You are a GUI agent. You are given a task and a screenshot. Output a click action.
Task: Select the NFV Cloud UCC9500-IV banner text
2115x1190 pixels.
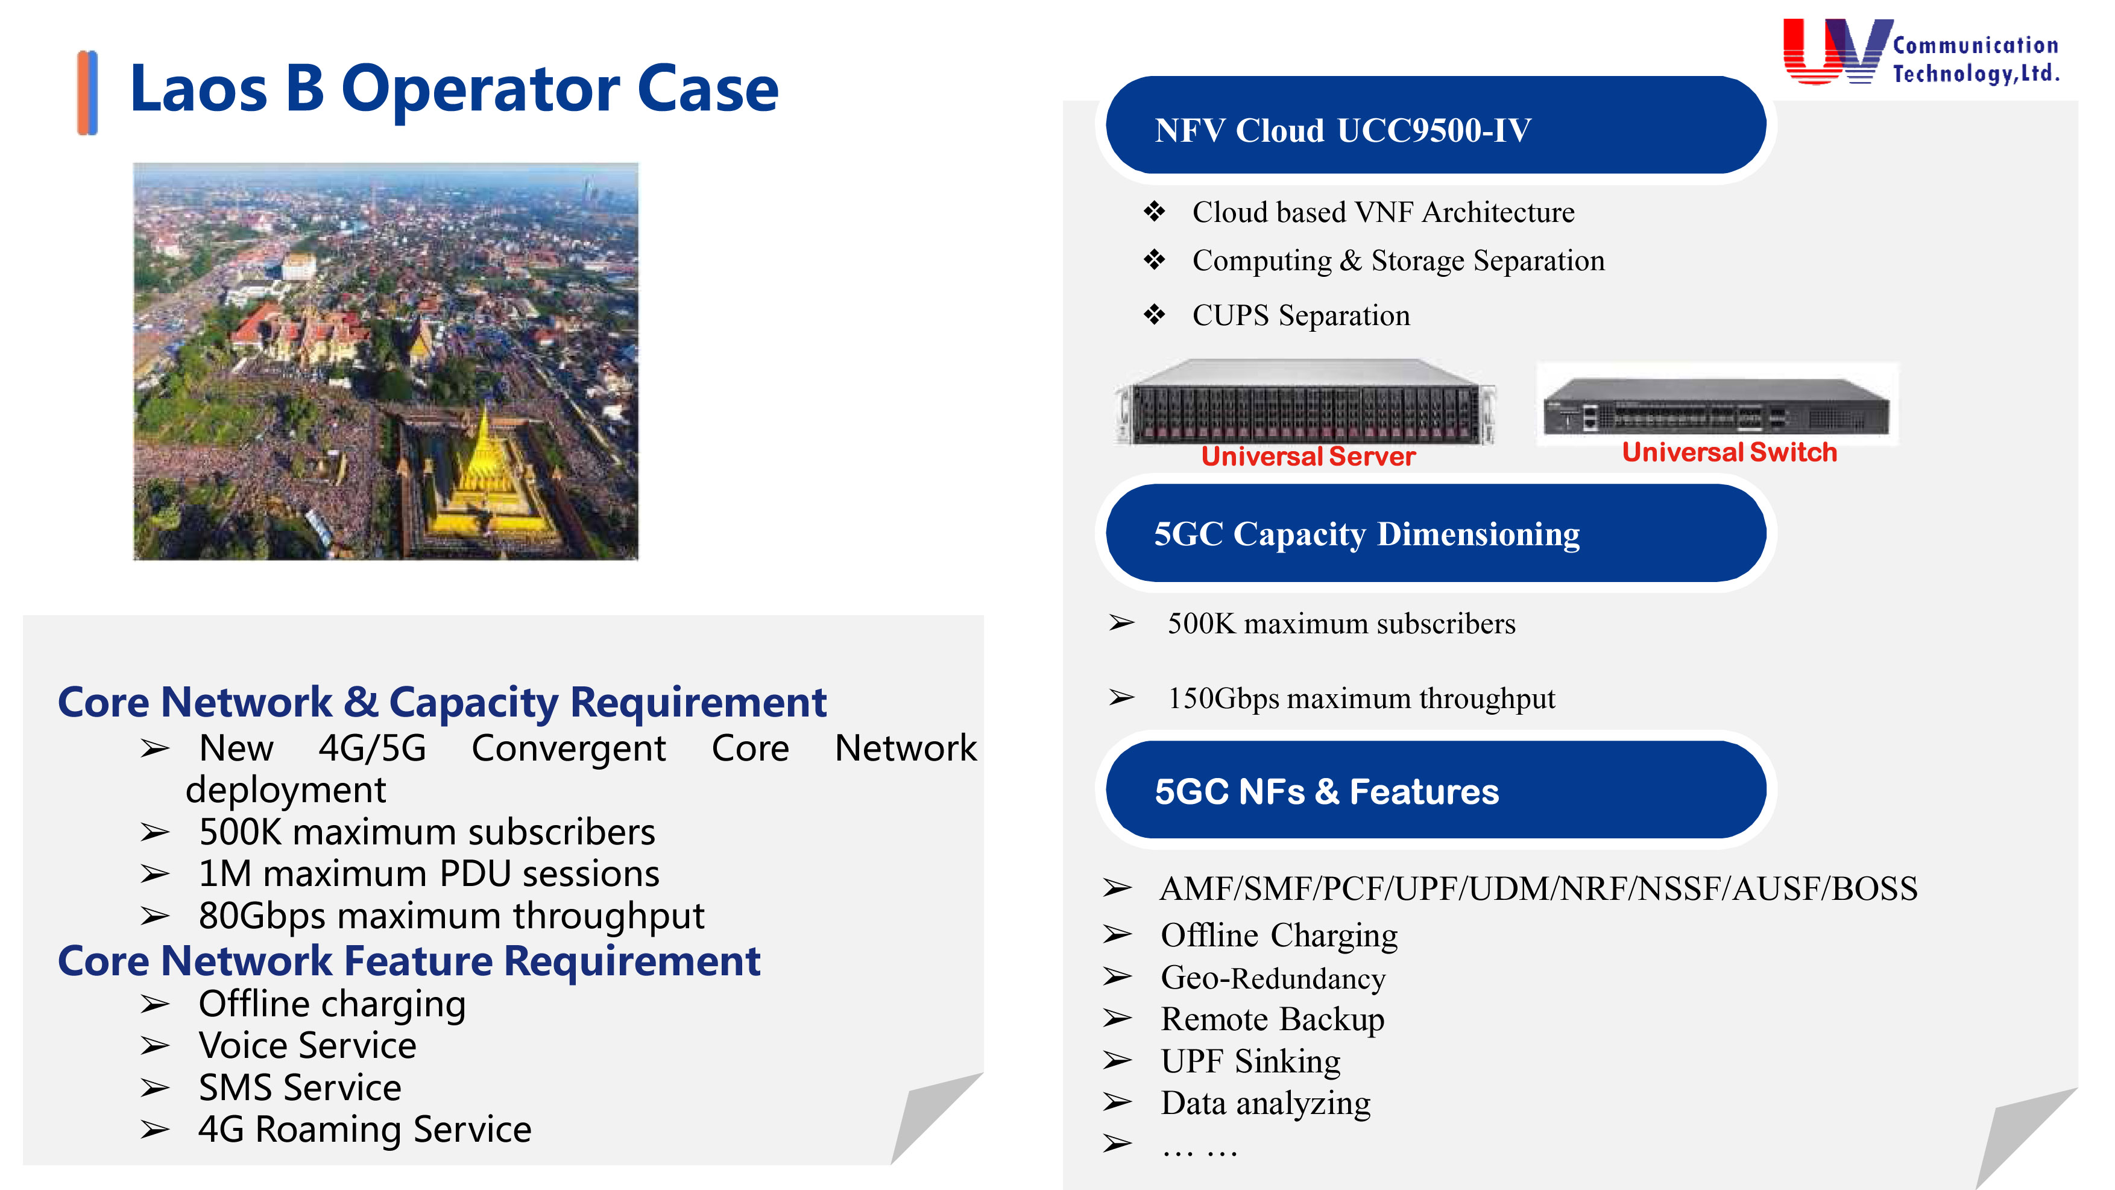point(1343,130)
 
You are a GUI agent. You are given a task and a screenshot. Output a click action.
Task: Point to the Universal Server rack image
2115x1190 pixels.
point(1305,402)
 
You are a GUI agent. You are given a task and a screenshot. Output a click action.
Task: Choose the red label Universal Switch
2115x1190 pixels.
point(1729,452)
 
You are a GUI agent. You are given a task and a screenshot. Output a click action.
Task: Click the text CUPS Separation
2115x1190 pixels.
point(1301,315)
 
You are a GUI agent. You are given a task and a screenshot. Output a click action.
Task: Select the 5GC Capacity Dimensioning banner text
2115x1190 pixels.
point(1367,534)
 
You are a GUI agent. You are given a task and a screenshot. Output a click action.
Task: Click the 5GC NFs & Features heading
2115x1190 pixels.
point(1327,792)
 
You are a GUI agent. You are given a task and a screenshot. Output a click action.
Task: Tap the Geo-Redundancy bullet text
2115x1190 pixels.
point(1273,978)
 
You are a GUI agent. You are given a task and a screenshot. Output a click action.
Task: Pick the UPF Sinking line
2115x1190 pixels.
point(1250,1061)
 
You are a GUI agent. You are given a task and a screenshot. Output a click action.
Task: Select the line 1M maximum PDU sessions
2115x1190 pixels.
point(429,873)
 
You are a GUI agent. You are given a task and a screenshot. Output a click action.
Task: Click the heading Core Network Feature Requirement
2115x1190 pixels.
point(409,961)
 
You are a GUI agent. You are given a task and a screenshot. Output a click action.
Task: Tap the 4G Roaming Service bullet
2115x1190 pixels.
point(365,1129)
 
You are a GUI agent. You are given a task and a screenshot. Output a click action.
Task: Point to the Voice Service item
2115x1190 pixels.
point(307,1045)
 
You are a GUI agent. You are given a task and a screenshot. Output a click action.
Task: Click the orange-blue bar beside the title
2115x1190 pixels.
point(87,93)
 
